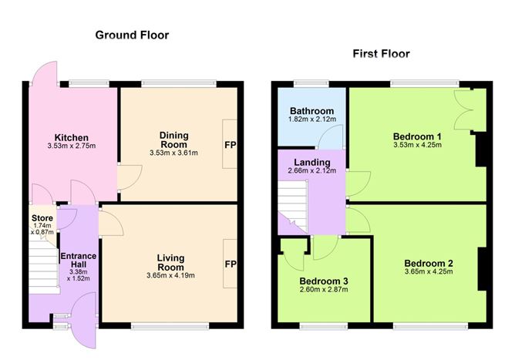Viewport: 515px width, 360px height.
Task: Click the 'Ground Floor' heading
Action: tap(132, 35)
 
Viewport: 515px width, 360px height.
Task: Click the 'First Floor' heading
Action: tap(381, 54)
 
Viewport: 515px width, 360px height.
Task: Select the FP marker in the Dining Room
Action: tap(230, 144)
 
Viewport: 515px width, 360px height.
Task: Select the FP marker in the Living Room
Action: tap(230, 264)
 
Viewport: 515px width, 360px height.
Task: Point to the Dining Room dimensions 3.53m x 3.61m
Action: tap(173, 153)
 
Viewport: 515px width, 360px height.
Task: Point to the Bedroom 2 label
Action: tap(428, 263)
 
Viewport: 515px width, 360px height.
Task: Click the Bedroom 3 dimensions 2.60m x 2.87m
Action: tap(324, 291)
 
